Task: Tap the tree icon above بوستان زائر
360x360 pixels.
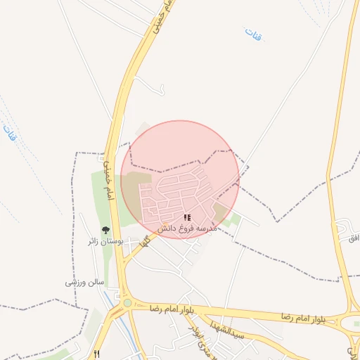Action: (x=105, y=229)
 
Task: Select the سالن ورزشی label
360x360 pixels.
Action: (x=85, y=282)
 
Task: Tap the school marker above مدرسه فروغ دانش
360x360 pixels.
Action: (x=186, y=218)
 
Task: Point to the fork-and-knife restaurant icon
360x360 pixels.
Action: (x=97, y=353)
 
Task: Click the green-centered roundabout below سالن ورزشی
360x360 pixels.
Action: (x=127, y=303)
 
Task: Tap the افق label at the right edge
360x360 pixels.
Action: (x=354, y=238)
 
